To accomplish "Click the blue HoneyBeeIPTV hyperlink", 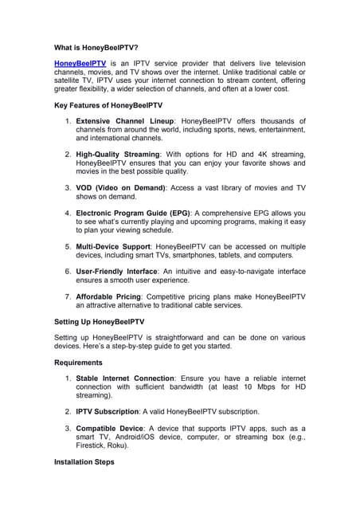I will [80, 63].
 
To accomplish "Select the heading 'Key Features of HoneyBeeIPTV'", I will [108, 105].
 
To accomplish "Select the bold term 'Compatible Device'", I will [110, 429].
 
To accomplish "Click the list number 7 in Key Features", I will [68, 296].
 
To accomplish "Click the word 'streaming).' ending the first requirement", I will [96, 394].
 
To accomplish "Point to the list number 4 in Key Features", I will [68, 213].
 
